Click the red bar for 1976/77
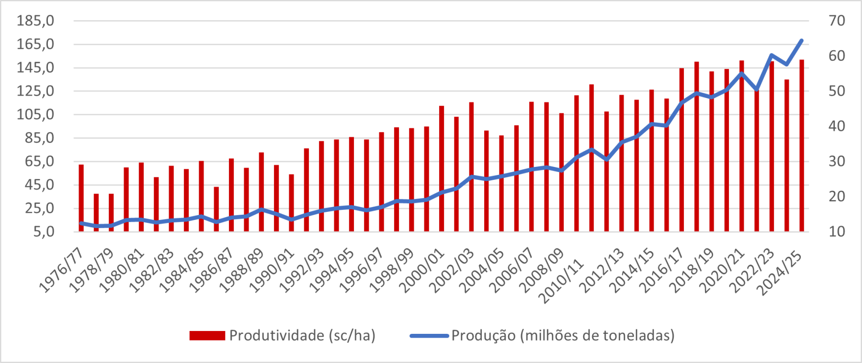[81, 198]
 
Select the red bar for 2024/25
[802, 145]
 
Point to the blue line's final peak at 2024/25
[802, 41]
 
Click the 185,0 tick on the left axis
[35, 21]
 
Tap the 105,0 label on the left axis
[35, 114]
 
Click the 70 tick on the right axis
[837, 21]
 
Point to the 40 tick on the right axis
[837, 126]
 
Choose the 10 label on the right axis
[837, 231]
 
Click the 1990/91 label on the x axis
[272, 270]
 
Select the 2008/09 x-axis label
[543, 270]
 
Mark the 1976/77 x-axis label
[61, 270]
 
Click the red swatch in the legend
[207, 336]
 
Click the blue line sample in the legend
[429, 336]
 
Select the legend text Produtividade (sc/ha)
[302, 336]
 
